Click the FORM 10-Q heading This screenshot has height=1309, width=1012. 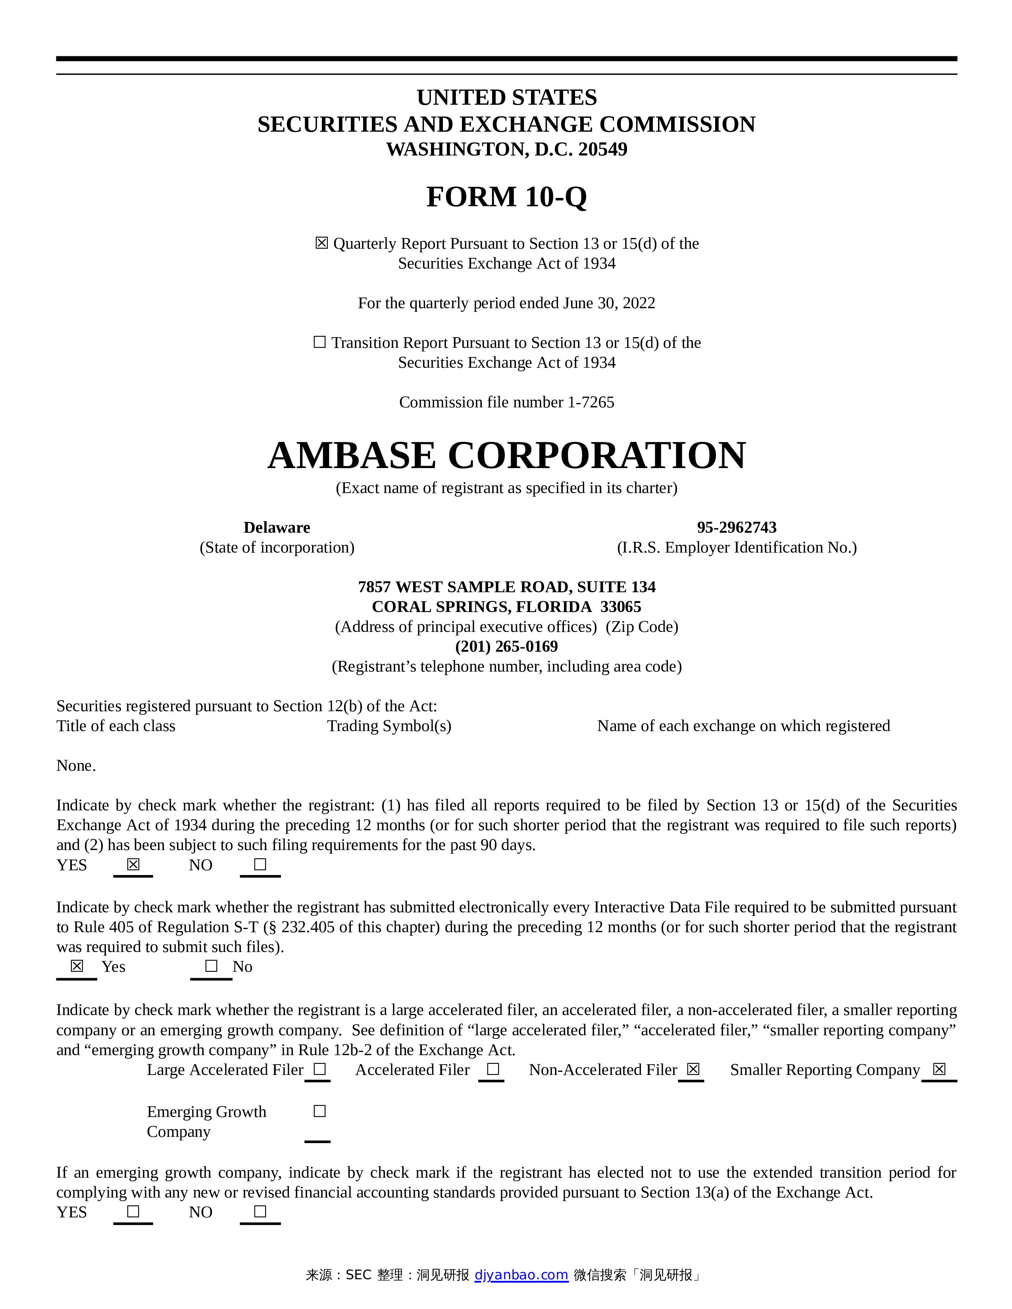[506, 197]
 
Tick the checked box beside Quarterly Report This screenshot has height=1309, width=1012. [321, 243]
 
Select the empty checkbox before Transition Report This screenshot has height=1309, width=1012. [319, 342]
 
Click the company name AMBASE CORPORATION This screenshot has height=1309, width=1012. [506, 455]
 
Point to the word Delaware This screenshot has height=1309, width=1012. [276, 528]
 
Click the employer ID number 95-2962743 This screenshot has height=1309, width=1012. [736, 528]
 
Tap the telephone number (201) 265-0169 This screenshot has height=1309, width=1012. [506, 646]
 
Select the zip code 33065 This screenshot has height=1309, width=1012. [621, 607]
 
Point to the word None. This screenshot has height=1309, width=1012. [75, 766]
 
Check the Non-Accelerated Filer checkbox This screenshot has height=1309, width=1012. [693, 1069]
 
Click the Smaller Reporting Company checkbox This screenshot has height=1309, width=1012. [939, 1069]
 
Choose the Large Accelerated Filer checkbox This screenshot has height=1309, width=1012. [319, 1069]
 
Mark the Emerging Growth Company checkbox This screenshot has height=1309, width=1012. [319, 1111]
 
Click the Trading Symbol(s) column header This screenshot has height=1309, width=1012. [389, 726]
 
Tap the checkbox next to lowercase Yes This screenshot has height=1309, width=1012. [77, 966]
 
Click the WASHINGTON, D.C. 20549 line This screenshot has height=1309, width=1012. [506, 149]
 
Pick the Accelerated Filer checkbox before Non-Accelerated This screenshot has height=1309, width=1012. [493, 1069]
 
